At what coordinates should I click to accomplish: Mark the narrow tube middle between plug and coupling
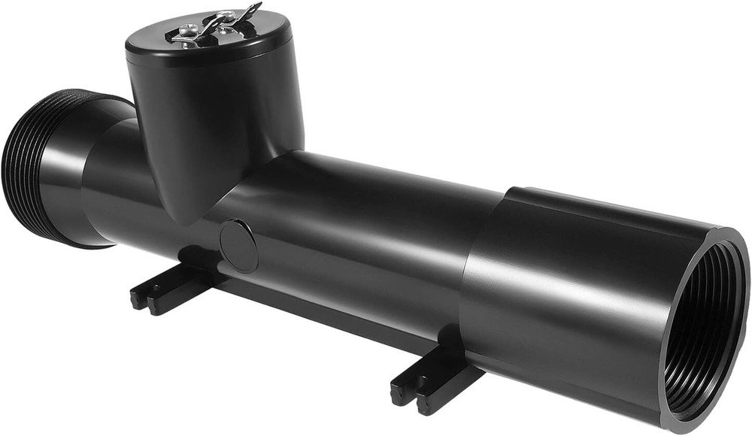[x=361, y=241]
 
